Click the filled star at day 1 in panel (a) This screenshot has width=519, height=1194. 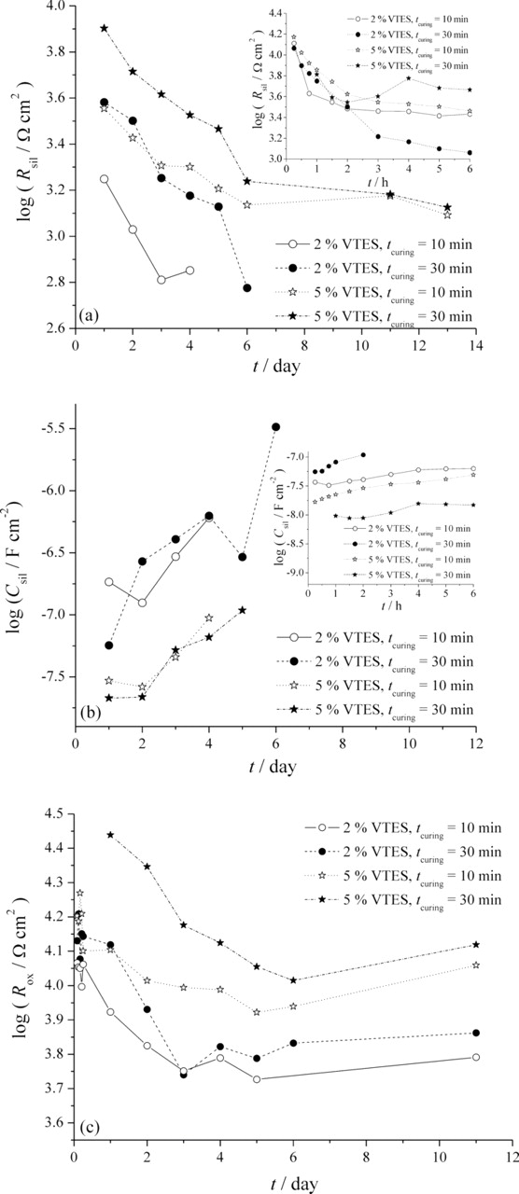click(104, 28)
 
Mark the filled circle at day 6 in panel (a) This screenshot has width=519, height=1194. click(247, 288)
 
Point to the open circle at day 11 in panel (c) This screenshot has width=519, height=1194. click(476, 1057)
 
